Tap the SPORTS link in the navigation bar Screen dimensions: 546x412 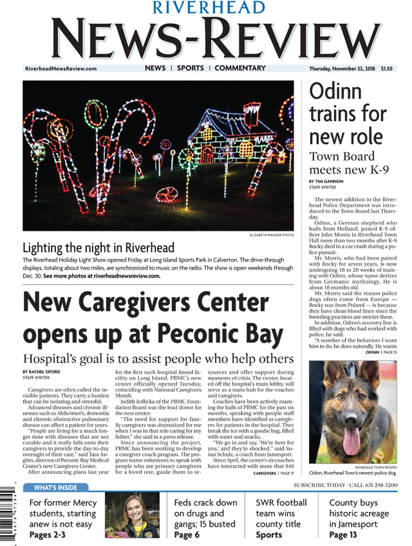coord(190,68)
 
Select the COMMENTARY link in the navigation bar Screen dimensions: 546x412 coord(239,68)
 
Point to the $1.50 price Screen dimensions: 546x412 coord(386,69)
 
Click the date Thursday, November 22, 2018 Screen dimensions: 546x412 coord(342,69)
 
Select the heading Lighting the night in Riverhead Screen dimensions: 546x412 coord(98,248)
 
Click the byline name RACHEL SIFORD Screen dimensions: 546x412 coord(46,372)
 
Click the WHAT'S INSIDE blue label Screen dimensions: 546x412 coord(55,487)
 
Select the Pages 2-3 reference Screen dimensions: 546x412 coord(48,536)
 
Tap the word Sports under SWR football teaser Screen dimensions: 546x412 coord(268,535)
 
